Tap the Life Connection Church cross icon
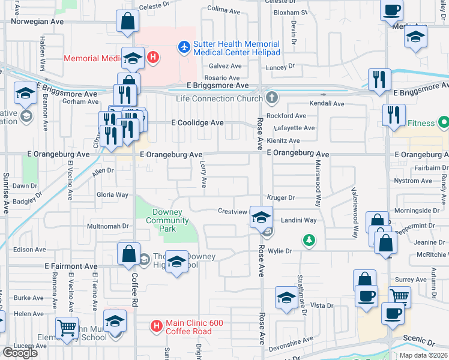pyautogui.click(x=272, y=97)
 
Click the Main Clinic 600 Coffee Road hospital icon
pyautogui.click(x=156, y=326)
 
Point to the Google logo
pyautogui.click(x=20, y=353)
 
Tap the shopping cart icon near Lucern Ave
pyautogui.click(x=66, y=328)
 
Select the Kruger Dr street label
pyautogui.click(x=281, y=197)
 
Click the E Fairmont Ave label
pyautogui.click(x=71, y=266)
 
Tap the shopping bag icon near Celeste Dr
pyautogui.click(x=128, y=22)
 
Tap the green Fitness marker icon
pyautogui.click(x=444, y=124)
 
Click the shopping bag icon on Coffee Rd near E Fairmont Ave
pyautogui.click(x=129, y=254)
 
